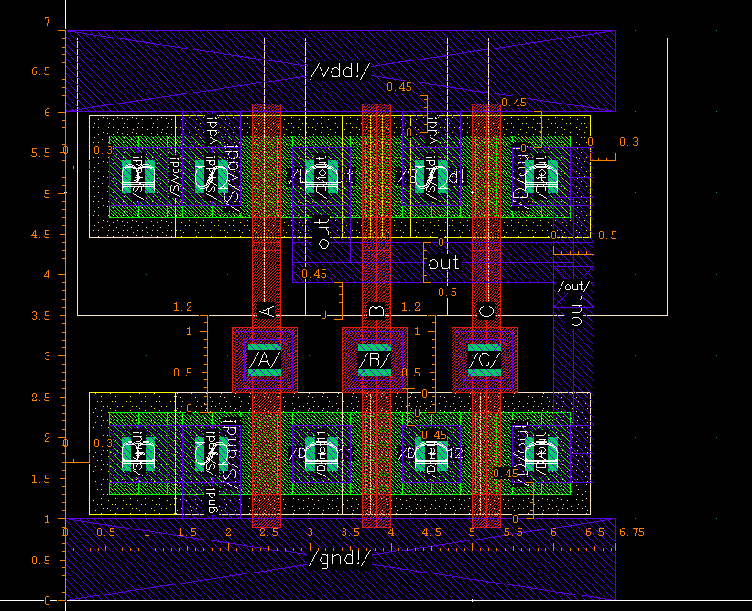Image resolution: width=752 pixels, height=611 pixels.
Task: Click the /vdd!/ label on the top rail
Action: click(340, 70)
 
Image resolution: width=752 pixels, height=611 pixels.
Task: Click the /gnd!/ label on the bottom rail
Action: click(340, 558)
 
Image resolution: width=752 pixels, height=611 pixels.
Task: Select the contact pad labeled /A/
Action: click(265, 360)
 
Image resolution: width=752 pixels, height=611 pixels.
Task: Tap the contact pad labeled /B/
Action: click(375, 360)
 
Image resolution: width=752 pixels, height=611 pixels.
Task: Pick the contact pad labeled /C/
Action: click(485, 360)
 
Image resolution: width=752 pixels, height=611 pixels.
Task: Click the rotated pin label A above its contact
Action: click(267, 311)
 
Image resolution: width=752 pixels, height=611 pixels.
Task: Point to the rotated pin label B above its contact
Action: click(376, 311)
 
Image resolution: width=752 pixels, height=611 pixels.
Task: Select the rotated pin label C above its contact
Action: click(486, 311)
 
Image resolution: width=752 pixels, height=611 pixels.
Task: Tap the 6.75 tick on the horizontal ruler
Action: click(631, 532)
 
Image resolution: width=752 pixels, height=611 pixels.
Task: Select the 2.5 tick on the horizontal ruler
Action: click(268, 532)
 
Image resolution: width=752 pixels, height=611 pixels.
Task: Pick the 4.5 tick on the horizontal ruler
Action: click(431, 532)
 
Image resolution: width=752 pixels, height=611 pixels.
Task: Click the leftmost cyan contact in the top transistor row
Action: click(140, 176)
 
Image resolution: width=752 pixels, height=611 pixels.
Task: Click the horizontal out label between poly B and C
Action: click(444, 263)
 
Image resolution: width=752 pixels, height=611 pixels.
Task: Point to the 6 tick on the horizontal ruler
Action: click(554, 532)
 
